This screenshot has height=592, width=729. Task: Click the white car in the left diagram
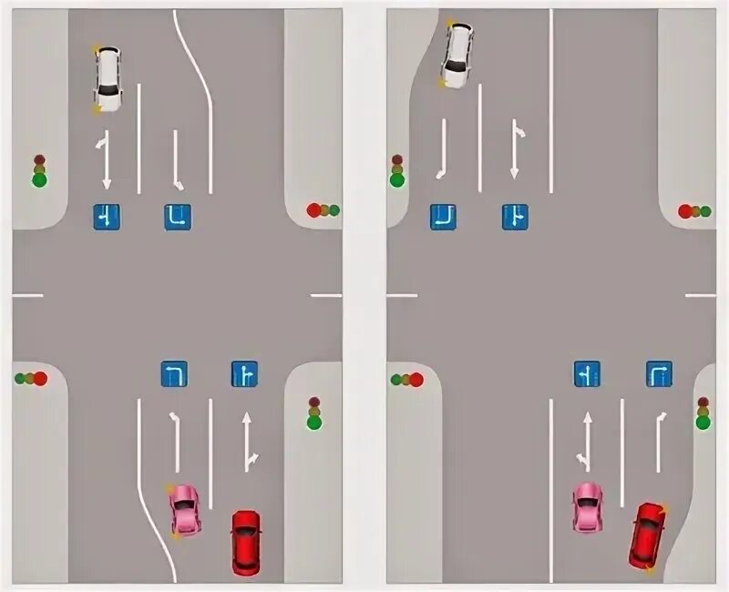[x=108, y=78]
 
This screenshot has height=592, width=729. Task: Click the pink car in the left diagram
[x=185, y=509]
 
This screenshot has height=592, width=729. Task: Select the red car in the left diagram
[x=245, y=542]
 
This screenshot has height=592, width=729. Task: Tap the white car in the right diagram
[x=457, y=55]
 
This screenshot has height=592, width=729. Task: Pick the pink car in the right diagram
[x=588, y=507]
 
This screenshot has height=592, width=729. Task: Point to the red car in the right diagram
[x=647, y=536]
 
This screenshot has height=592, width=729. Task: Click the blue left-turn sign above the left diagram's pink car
[x=174, y=374]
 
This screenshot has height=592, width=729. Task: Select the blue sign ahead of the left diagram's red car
[x=244, y=374]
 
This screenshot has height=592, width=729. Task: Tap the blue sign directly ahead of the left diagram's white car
[x=107, y=217]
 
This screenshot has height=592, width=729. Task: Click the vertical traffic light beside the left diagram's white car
[x=39, y=170]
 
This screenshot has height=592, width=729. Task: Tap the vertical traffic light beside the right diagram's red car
[x=703, y=413]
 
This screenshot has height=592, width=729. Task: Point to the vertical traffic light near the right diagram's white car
[x=396, y=170]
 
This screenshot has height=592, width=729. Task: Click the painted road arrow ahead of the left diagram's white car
[x=106, y=158]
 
